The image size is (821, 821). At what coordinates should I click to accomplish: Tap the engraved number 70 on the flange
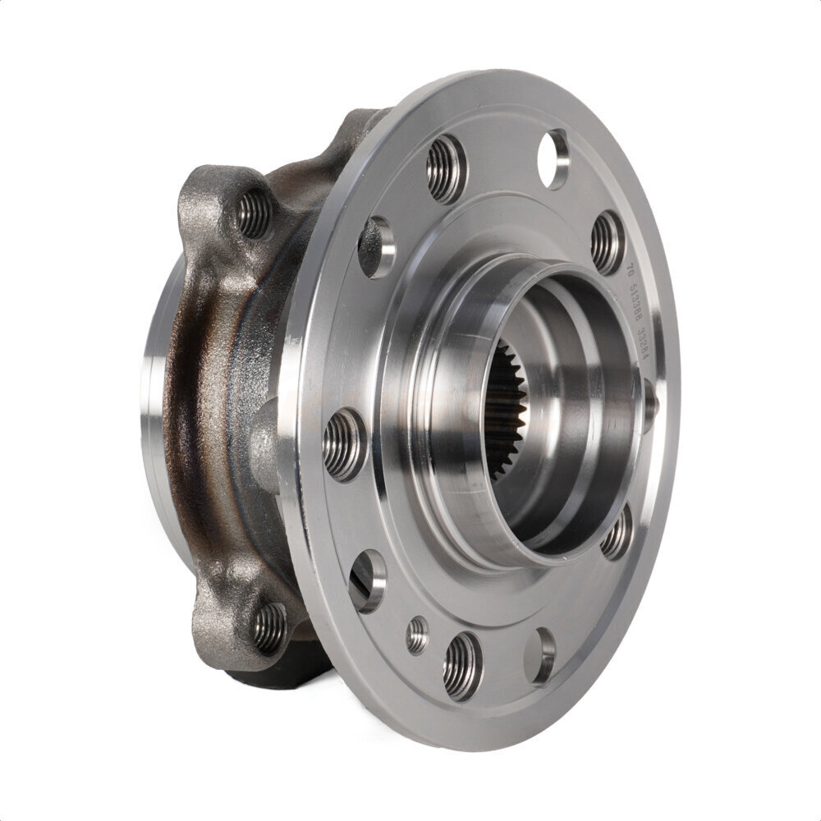coord(630,270)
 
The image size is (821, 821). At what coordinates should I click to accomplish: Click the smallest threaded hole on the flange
coord(417,634)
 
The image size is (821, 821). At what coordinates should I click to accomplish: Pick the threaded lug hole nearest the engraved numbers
coord(608,242)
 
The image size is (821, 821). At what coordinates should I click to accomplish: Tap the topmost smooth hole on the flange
coord(553,158)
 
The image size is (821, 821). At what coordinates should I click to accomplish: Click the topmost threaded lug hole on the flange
coord(446,170)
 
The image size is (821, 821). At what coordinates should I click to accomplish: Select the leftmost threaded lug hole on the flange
coord(344,444)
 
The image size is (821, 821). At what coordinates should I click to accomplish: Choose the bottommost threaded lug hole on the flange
coord(462,665)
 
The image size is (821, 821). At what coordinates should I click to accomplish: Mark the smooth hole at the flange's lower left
coord(367,580)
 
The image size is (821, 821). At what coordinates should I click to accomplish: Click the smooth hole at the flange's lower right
coord(539,655)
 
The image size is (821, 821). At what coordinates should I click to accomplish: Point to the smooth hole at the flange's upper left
coord(376,246)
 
